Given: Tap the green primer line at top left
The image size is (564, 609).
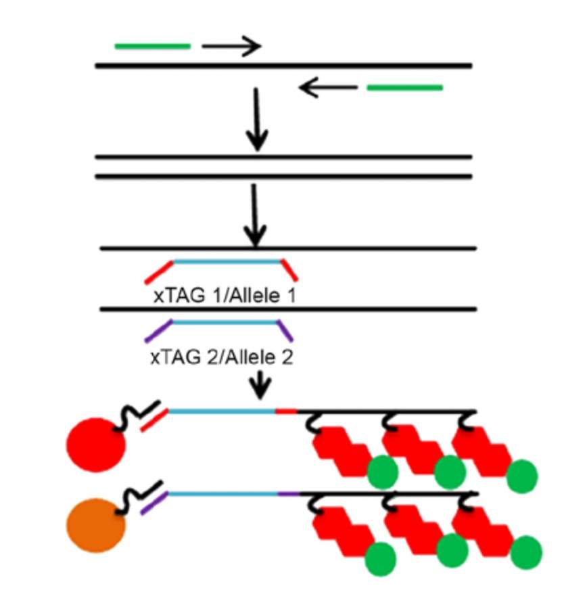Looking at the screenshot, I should click(153, 47).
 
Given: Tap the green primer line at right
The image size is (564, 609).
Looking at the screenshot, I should click(404, 87).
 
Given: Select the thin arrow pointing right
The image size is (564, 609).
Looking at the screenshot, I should click(231, 46).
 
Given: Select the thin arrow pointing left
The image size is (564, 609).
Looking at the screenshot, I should click(327, 87).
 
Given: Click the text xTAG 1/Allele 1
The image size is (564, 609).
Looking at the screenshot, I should click(224, 296).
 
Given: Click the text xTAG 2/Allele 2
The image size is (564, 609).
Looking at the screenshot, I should click(222, 357).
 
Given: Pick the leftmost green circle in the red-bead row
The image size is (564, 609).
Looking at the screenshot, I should click(383, 472).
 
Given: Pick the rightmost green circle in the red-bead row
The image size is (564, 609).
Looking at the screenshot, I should click(521, 475).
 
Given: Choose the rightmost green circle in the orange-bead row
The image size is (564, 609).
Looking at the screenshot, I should click(525, 552).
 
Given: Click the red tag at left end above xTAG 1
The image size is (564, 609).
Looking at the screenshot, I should click(159, 271).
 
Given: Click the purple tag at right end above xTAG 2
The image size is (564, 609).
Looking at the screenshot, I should click(286, 331).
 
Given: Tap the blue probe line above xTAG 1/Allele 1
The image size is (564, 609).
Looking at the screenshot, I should click(227, 261).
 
